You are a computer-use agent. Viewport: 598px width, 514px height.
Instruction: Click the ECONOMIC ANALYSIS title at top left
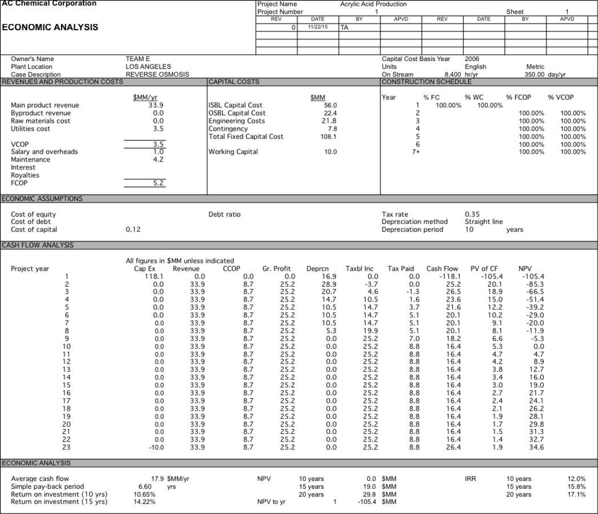[50, 27]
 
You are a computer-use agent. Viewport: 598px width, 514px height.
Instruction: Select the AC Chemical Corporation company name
[50, 3]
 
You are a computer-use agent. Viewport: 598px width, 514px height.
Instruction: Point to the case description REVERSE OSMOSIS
[157, 74]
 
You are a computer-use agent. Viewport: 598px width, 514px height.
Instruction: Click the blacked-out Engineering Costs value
[318, 121]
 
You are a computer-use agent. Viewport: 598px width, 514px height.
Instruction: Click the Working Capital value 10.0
[330, 152]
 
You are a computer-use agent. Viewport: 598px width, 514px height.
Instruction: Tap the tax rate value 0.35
[473, 214]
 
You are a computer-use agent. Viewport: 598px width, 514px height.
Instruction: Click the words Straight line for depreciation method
[484, 222]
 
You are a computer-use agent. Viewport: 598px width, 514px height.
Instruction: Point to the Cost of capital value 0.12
[133, 230]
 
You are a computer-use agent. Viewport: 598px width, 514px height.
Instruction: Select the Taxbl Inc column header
[359, 268]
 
